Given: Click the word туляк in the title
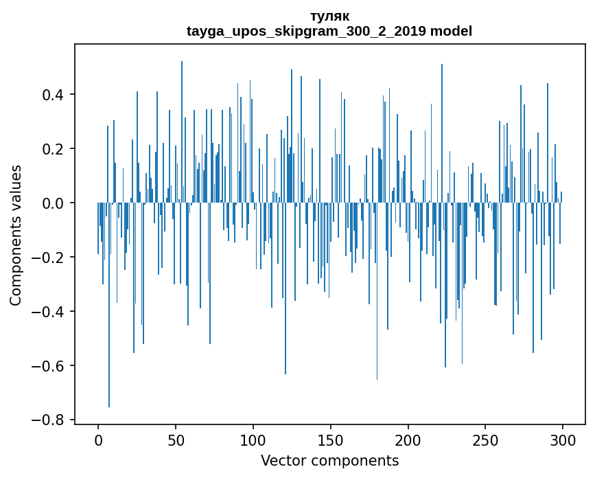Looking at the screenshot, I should point(329,16).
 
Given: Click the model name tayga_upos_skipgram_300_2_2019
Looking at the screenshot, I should point(312,31).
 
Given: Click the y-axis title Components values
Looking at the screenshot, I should point(16,235).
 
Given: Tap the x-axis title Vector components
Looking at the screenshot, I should point(329,460).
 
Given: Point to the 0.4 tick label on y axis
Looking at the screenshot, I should point(54,95).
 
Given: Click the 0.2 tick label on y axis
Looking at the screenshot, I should point(54,149).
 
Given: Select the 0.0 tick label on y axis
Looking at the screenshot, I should point(54,203).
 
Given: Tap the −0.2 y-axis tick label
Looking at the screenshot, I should point(50,258).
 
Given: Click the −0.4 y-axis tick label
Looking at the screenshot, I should point(50,312).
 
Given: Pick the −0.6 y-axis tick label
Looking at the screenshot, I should point(50,365).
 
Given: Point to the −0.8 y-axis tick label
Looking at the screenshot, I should point(50,420).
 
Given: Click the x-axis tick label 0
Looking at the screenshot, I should point(98,440).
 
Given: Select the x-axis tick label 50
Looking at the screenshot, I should point(176,440).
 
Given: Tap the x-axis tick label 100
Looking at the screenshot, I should point(253,440).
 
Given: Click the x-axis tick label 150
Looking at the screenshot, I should point(331,440).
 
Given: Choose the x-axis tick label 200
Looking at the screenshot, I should point(408,440).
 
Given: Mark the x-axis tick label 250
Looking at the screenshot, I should point(486,440).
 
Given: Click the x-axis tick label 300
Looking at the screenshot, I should point(563,440).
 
